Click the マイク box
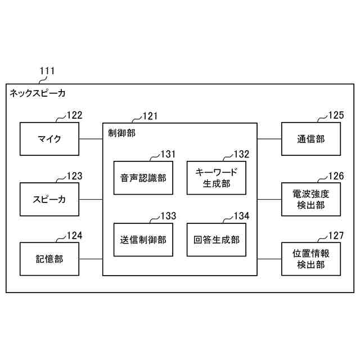pos(49,138)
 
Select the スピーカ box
pos(49,199)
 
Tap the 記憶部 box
pos(49,259)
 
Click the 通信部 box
pos(310,138)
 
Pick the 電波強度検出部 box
pos(310,199)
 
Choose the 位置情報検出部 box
pos(310,259)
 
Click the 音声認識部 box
pos(143,178)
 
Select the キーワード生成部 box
pos(216,178)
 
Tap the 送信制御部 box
pos(143,240)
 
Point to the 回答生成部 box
pos(216,240)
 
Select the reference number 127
pos(335,236)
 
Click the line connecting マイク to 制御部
pos(91,138)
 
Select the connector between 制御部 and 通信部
pos(269,138)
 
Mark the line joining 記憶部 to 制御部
pos(91,259)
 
